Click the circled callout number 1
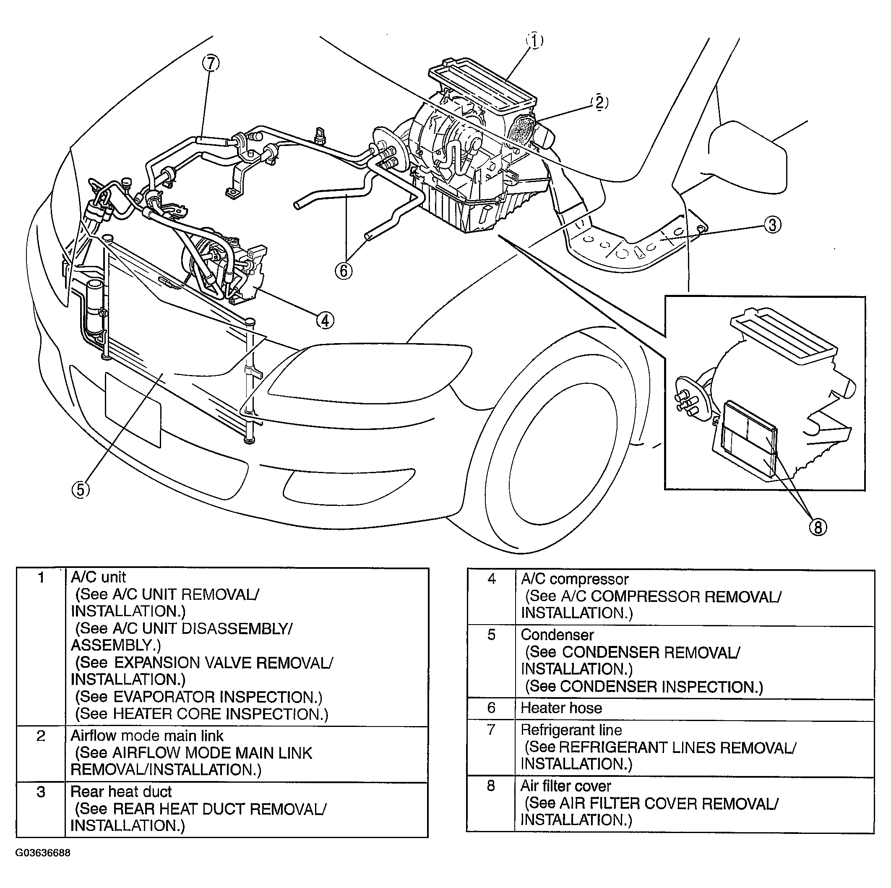[x=534, y=41]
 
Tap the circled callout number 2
[x=599, y=102]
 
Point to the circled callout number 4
[x=325, y=320]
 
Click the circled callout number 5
[x=81, y=489]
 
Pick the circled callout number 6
[x=344, y=271]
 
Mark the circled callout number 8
[x=818, y=527]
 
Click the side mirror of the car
[x=747, y=157]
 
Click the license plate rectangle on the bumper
[x=133, y=410]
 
